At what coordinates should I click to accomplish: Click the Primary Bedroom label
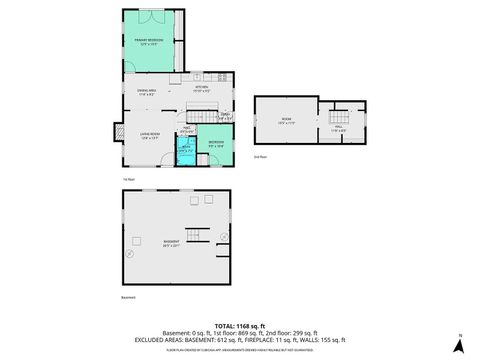click(149, 41)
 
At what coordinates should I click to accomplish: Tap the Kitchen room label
click(201, 89)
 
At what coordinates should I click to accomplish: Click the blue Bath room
click(184, 150)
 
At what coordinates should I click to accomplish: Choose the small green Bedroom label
click(217, 143)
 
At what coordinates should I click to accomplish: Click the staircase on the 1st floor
click(204, 117)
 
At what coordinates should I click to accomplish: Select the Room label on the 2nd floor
click(287, 120)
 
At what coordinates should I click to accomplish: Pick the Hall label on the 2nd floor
click(338, 128)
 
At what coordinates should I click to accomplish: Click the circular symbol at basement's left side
click(131, 253)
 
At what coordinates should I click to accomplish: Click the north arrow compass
click(459, 344)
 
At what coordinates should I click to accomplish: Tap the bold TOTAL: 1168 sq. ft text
click(240, 326)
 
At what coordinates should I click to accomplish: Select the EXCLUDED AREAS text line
click(240, 341)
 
